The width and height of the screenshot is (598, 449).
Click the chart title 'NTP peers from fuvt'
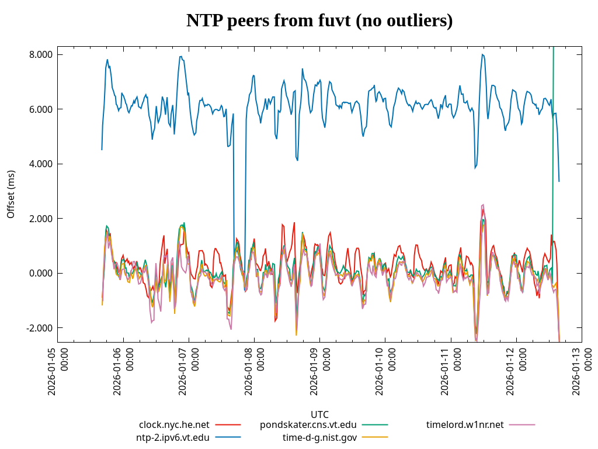click(x=319, y=20)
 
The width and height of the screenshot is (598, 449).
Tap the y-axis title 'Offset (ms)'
click(x=11, y=194)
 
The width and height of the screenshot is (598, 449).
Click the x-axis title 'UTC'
click(x=319, y=415)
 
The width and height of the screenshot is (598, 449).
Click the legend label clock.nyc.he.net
click(x=174, y=424)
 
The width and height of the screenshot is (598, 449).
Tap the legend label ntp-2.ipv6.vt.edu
click(x=173, y=437)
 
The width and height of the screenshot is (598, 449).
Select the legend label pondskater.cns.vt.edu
click(x=308, y=424)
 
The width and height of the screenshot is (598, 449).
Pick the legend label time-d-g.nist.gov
click(x=319, y=437)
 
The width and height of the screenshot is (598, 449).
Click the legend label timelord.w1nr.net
click(x=465, y=424)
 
